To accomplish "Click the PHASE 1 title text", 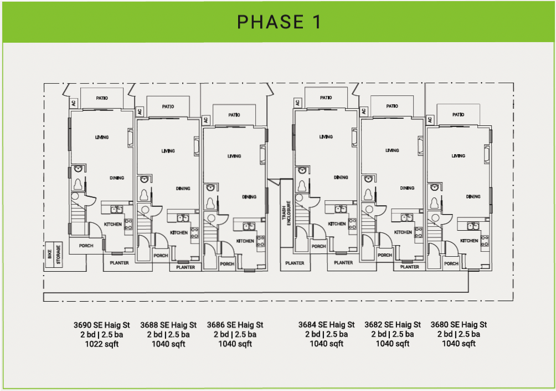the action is pos(279,22).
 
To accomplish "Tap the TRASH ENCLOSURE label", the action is pos(286,213).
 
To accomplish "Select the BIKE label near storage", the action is pos(50,254).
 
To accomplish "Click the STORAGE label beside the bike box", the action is pos(58,254).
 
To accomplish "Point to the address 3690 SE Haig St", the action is pos(102,325).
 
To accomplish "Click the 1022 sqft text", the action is pos(102,344).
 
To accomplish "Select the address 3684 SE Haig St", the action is pos(326,324).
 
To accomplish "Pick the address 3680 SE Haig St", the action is pos(459,324).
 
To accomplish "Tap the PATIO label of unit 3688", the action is pos(168,106).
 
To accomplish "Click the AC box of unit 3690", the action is pos(74,103).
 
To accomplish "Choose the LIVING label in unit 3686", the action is pos(234,156).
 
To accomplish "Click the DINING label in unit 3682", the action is pos(407,188).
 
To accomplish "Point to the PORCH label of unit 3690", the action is pos(86,246).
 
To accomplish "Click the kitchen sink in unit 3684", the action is pos(341,209).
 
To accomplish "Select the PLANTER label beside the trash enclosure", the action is pos(295,263).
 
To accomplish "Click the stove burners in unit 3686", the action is pos(261,241).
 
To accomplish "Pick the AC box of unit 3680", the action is pos(430,120).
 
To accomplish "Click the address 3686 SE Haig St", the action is pos(235,325).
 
